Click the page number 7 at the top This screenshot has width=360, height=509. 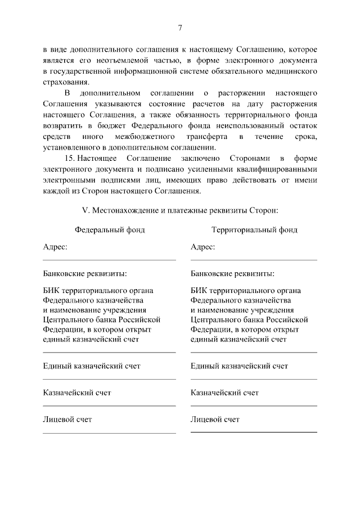point(180,28)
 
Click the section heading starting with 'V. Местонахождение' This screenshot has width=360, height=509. point(179,210)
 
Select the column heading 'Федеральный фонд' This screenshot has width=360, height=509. point(110,230)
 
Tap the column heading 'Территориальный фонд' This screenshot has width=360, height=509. point(254,230)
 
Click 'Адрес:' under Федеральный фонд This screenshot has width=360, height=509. point(55,247)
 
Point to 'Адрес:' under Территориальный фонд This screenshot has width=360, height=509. point(202,247)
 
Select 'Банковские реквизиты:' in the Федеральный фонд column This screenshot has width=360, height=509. point(84,273)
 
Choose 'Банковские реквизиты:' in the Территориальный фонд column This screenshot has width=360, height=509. point(232,273)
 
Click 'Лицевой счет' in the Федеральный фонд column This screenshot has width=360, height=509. point(67,420)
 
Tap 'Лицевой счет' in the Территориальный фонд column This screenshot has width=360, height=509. point(215,420)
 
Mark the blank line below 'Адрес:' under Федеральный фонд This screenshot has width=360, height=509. point(110,260)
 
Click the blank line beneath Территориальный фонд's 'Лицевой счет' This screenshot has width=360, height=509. point(254,432)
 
